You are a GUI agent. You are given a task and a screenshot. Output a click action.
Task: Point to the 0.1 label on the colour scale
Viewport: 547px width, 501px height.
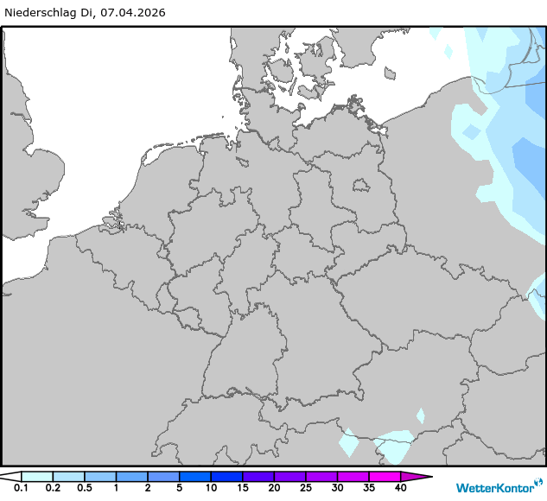tap(22, 489)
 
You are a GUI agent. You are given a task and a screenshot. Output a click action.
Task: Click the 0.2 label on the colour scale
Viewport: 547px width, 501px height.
tap(53, 489)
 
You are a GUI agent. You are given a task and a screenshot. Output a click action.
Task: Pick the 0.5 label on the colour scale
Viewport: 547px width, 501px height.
tap(85, 489)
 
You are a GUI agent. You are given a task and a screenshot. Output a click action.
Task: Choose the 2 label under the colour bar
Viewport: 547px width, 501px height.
tap(148, 489)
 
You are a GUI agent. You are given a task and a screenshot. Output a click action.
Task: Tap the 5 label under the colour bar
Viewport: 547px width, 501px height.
tap(180, 489)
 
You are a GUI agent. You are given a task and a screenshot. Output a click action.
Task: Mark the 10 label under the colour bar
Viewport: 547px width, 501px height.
tap(211, 489)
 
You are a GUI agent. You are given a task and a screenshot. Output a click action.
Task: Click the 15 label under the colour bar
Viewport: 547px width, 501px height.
tap(243, 489)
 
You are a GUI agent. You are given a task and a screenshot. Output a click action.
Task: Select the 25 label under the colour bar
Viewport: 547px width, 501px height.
tap(306, 489)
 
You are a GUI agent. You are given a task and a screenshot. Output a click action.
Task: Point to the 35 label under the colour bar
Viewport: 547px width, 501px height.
tap(369, 489)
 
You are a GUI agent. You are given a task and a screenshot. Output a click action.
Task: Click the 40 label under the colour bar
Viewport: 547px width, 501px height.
tap(400, 489)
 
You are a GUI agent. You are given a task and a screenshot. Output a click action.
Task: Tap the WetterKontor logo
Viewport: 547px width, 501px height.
tap(494, 486)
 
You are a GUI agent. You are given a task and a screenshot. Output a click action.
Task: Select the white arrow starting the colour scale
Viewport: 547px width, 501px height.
tap(10, 476)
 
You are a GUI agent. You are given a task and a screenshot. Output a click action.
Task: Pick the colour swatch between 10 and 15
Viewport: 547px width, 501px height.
tap(226, 476)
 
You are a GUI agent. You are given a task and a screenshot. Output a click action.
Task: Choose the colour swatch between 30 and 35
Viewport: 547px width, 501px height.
tap(353, 476)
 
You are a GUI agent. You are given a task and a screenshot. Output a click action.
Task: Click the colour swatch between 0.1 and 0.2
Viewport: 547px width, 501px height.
tap(37, 476)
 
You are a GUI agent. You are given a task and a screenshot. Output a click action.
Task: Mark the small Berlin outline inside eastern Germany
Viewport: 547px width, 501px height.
tap(359, 184)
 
